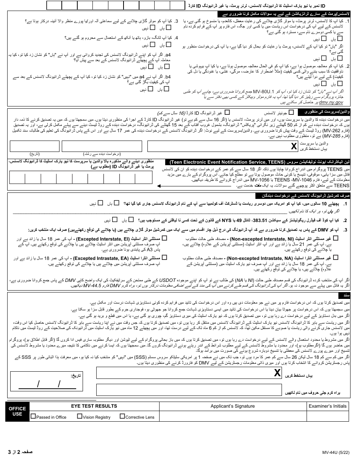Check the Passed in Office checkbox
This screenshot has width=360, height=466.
click(33, 416)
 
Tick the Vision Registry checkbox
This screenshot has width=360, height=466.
click(80, 416)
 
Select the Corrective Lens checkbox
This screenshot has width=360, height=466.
click(122, 416)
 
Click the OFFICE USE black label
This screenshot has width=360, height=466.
click(17, 411)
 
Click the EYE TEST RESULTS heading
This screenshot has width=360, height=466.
click(94, 406)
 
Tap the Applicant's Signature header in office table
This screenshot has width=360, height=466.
click(233, 406)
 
